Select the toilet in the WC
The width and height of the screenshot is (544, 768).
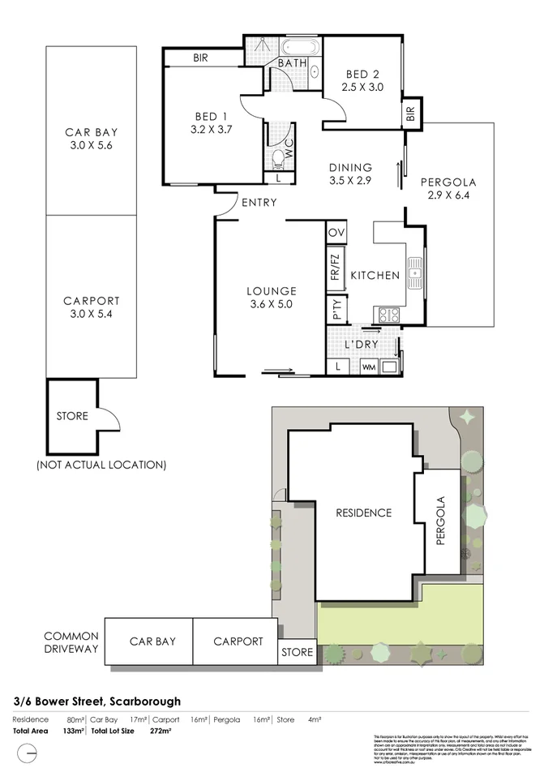[279, 157]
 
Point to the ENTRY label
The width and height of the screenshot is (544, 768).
[259, 203]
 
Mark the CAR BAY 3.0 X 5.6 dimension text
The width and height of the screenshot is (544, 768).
[92, 147]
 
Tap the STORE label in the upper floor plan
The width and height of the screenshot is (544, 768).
[73, 417]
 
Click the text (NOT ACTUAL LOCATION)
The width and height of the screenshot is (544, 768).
[101, 465]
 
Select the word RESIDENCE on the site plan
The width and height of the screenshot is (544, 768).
[364, 513]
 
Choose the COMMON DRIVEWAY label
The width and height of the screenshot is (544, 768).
[71, 642]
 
